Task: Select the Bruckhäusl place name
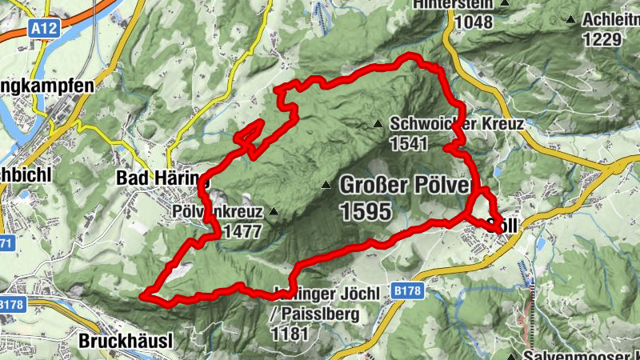(x=126, y=342)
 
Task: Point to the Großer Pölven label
(x=403, y=185)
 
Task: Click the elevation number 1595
(x=366, y=211)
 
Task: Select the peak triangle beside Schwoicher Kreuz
(x=378, y=123)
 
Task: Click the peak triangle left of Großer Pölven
(x=326, y=186)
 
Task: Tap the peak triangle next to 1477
(x=274, y=212)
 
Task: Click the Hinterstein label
(x=454, y=4)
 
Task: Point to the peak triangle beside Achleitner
(x=570, y=19)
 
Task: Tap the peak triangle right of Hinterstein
(x=505, y=3)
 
